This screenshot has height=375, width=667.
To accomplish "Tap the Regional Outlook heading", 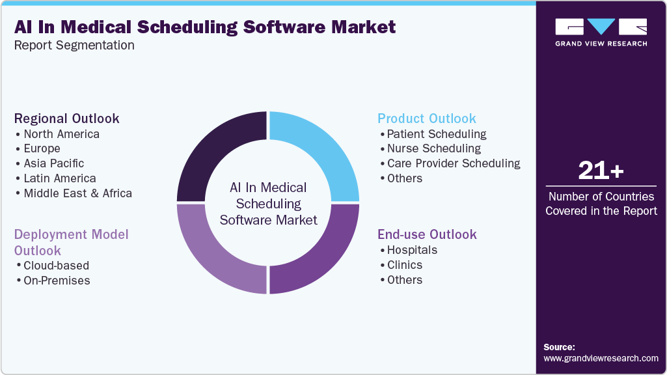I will tap(66, 118).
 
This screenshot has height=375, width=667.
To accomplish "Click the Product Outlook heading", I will tap(427, 118).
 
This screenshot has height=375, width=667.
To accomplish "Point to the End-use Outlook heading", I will tap(427, 234).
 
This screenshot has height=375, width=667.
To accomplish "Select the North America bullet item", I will tap(61, 134).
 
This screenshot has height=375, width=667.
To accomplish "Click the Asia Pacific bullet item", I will tap(53, 163).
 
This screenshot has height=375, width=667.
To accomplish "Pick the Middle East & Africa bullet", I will tap(77, 193).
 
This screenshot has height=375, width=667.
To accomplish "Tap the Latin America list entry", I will tap(59, 178).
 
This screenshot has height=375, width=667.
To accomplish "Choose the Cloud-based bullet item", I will tap(56, 266).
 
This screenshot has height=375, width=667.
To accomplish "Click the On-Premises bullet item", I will tap(57, 281).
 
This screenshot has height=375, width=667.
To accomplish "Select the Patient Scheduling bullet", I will tap(436, 134).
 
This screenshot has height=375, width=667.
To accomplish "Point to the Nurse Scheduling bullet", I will tap(433, 148).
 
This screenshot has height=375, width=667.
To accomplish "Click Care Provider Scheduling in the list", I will tap(453, 163).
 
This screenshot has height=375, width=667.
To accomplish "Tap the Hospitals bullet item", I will tap(412, 250).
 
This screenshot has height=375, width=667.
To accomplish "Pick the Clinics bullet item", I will tap(404, 265).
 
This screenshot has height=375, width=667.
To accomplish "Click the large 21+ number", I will tap(601, 171).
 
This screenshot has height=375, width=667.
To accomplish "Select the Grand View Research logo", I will tap(601, 32).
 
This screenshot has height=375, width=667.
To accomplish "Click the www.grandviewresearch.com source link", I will tap(601, 358).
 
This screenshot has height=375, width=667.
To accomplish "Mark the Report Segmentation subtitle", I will tap(74, 46).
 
